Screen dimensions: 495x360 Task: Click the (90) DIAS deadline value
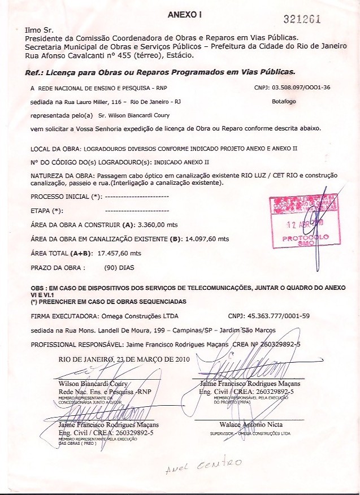[120, 267]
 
